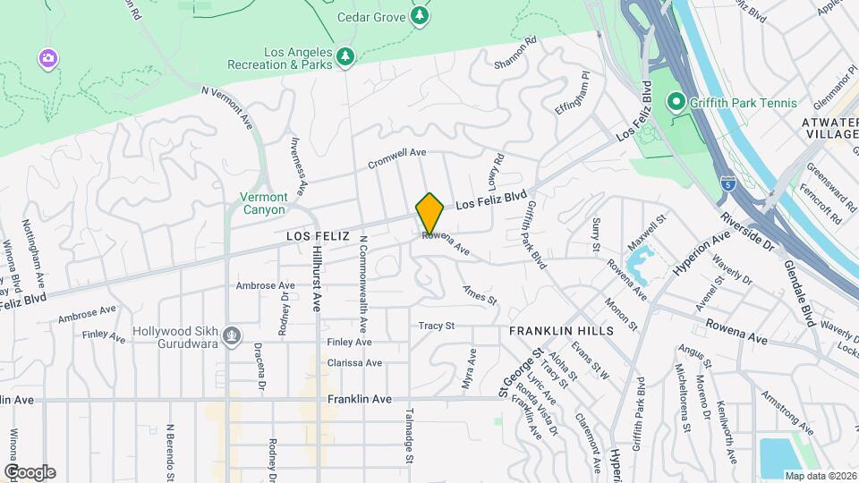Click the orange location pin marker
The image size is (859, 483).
pyautogui.click(x=429, y=213)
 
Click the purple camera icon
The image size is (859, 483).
pyautogui.click(x=48, y=59)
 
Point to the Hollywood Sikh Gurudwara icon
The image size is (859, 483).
pyautogui.click(x=233, y=336)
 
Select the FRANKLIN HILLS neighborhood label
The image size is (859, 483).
pyautogui.click(x=561, y=331)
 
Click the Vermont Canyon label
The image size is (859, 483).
pyautogui.click(x=264, y=203)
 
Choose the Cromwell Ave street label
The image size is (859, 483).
pyautogui.click(x=396, y=158)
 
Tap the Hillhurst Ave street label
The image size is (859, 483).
pyautogui.click(x=316, y=279)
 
